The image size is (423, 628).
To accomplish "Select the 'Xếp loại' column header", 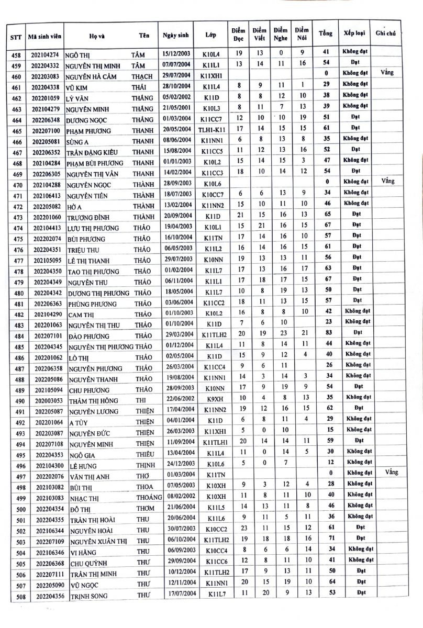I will click(354, 33).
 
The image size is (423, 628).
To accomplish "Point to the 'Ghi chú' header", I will click(385, 33).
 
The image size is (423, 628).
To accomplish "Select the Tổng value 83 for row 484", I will click(326, 336).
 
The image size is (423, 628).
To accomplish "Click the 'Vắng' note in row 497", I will click(391, 472).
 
